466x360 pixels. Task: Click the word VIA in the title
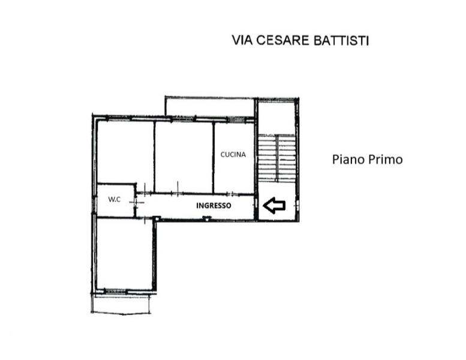point(242,41)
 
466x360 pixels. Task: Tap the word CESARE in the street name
point(281,41)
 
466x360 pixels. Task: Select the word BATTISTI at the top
point(340,41)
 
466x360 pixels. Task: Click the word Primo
point(384,160)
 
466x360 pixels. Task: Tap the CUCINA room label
point(233,154)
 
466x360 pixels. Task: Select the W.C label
point(115,199)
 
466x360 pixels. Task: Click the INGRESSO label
point(214,205)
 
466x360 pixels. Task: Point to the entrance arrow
point(274,206)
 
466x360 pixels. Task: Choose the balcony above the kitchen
point(210,107)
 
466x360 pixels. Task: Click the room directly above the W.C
point(125,153)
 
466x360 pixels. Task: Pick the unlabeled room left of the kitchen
point(184,156)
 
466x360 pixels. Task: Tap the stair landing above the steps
point(276,118)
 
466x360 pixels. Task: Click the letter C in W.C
point(119,199)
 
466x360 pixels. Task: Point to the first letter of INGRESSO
point(199,205)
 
